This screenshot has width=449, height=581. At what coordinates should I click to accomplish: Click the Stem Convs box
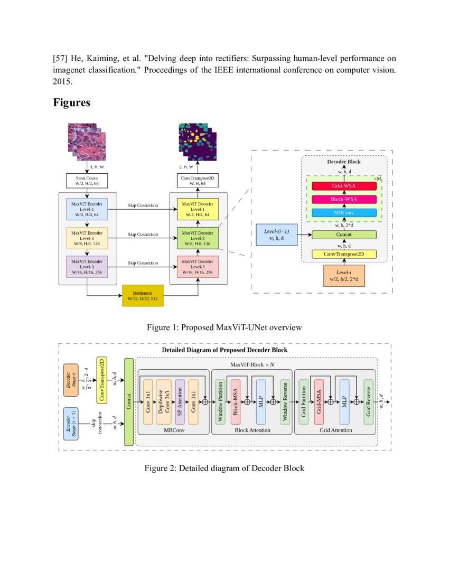[87, 181]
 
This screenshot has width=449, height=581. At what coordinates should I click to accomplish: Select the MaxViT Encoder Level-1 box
[87, 209]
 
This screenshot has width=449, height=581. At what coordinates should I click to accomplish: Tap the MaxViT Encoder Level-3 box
[87, 266]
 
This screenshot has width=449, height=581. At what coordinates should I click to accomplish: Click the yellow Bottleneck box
[143, 295]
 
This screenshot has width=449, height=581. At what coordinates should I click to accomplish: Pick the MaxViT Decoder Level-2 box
[198, 237]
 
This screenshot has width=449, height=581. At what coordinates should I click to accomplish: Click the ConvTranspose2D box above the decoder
[198, 181]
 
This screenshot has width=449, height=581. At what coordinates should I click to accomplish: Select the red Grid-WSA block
[344, 186]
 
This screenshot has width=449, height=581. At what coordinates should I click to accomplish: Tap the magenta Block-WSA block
[344, 199]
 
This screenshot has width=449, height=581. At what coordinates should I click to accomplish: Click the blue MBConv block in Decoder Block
[344, 212]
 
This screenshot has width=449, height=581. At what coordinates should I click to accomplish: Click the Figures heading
[71, 102]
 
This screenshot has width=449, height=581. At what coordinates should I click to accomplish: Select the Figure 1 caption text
[224, 327]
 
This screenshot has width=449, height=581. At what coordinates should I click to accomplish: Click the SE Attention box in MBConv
[180, 401]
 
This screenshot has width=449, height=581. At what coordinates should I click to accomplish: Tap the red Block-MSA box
[236, 401]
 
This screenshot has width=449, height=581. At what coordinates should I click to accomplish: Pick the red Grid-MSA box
[319, 401]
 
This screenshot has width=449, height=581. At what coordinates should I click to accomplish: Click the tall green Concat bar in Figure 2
[128, 401]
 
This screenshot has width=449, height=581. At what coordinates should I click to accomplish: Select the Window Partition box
[220, 401]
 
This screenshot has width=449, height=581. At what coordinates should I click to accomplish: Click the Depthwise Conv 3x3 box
[164, 401]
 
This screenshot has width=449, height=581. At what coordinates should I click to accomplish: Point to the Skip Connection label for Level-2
[143, 233]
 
